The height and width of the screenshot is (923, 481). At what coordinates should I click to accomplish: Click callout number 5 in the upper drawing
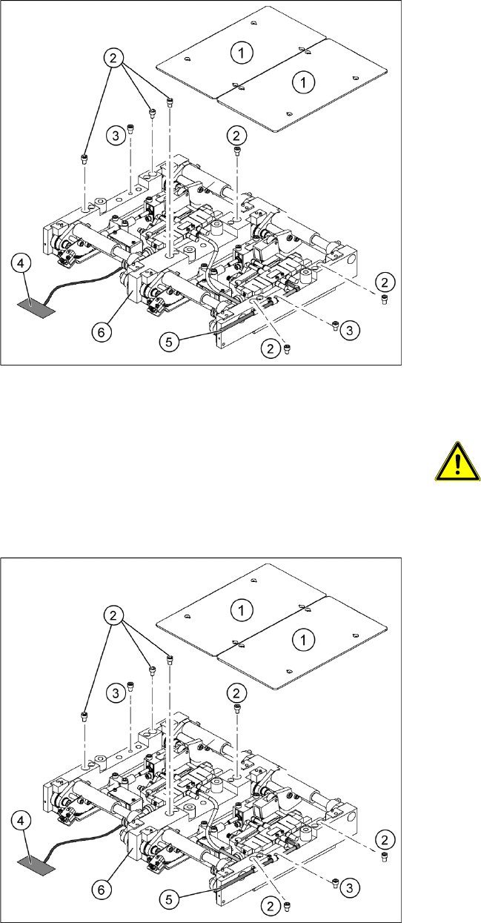coord(169,341)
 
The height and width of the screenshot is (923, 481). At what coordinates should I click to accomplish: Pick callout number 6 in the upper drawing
coord(103,332)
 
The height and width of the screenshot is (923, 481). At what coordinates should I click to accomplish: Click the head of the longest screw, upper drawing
coord(170,100)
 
